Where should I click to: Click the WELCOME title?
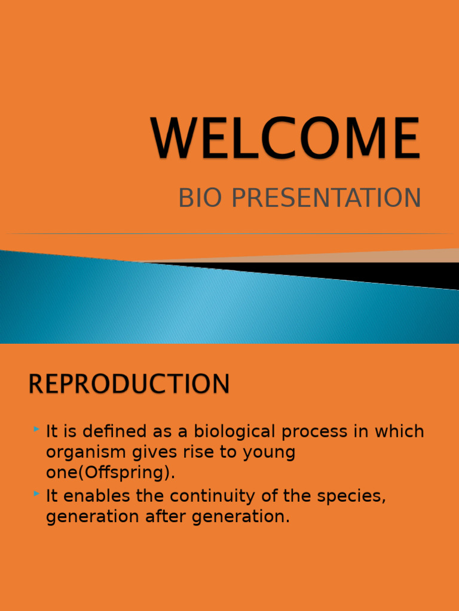click(x=286, y=139)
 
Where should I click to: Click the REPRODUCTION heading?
click(x=129, y=384)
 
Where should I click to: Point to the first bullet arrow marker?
click(x=37, y=429)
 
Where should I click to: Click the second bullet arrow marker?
click(x=37, y=493)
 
